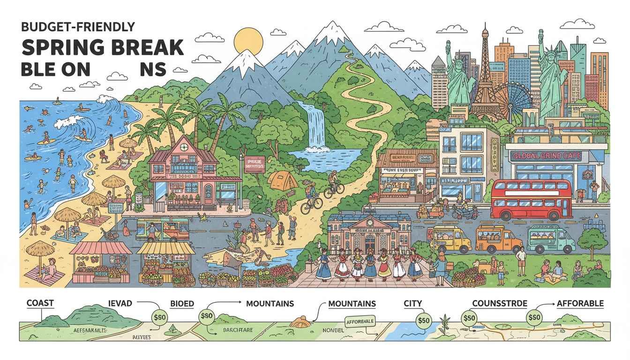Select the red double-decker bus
coord(531,200)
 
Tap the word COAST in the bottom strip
coord(40,303)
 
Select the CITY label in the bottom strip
coord(413,304)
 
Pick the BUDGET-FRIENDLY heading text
coord(78,27)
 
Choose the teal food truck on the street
coord(551,239)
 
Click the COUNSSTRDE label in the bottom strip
coord(499,304)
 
